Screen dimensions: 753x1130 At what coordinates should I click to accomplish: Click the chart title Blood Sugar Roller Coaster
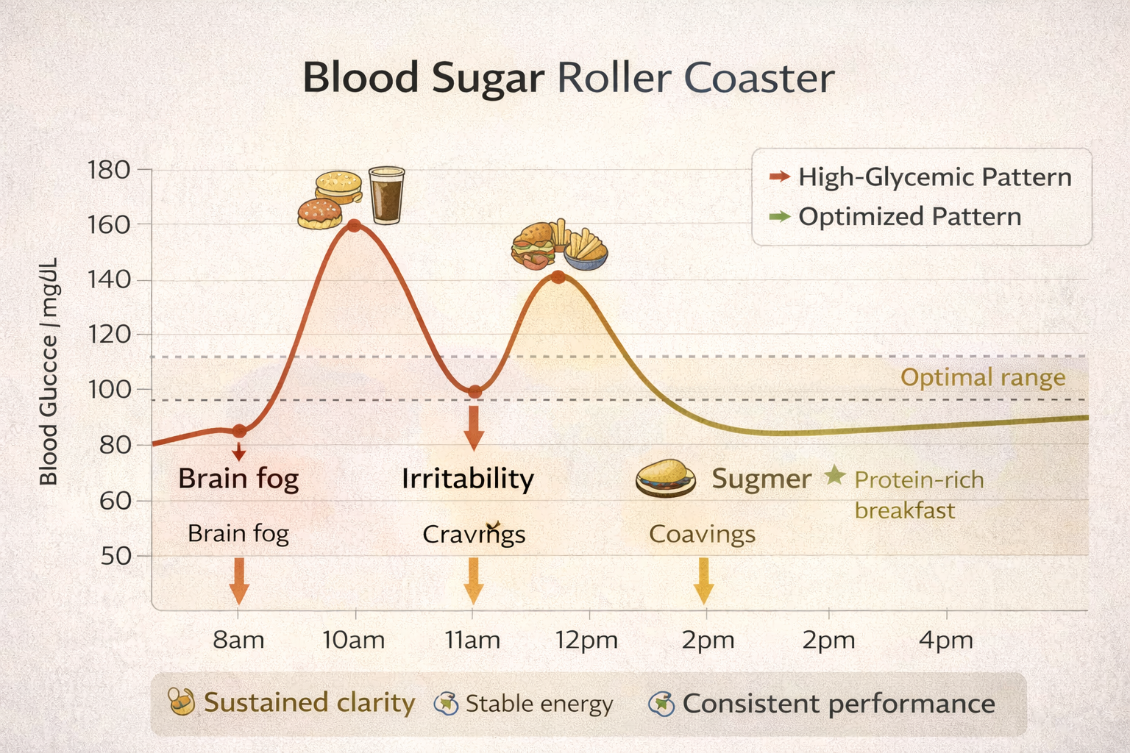568,78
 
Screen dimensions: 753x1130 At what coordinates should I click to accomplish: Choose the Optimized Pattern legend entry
909,217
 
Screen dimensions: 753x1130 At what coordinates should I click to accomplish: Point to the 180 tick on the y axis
108,171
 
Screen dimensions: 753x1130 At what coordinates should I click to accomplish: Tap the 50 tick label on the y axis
116,556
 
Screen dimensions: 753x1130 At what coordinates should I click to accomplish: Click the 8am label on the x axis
238,640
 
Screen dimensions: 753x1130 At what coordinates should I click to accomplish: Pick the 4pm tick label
945,640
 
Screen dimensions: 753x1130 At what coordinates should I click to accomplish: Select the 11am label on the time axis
472,640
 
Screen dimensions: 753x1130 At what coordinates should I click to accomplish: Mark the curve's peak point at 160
354,225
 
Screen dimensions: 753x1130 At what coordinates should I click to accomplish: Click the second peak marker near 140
558,277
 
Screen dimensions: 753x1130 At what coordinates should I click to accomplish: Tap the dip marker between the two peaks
475,392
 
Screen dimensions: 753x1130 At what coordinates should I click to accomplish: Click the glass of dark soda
386,194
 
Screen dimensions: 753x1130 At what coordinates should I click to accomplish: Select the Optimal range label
983,378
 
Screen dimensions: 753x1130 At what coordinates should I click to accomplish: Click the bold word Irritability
468,479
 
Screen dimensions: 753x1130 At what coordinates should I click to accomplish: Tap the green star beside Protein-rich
834,476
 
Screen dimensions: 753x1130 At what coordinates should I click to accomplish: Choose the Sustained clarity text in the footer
309,702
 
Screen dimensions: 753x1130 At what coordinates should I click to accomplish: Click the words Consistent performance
839,704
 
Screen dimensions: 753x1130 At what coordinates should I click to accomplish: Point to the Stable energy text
539,704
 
